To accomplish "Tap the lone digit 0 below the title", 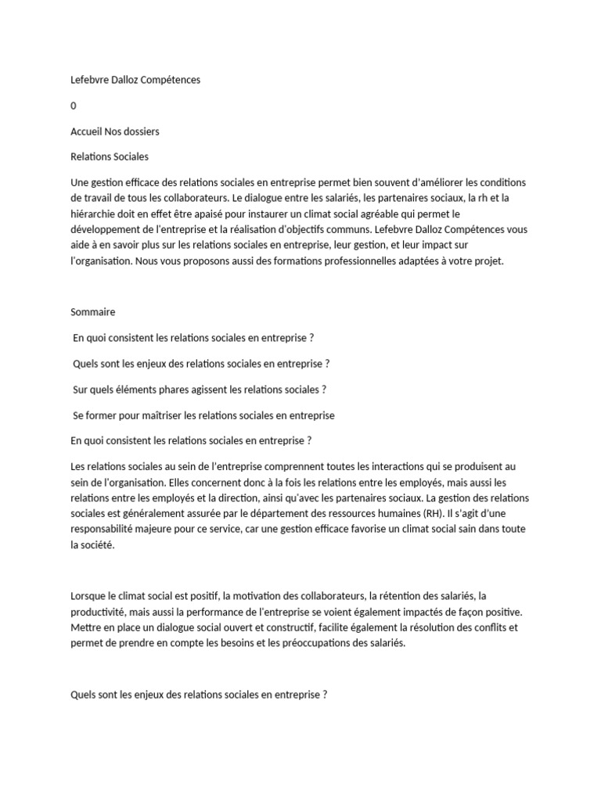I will (74, 106).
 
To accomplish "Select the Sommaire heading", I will (92, 311).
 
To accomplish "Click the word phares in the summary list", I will (163, 389).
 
